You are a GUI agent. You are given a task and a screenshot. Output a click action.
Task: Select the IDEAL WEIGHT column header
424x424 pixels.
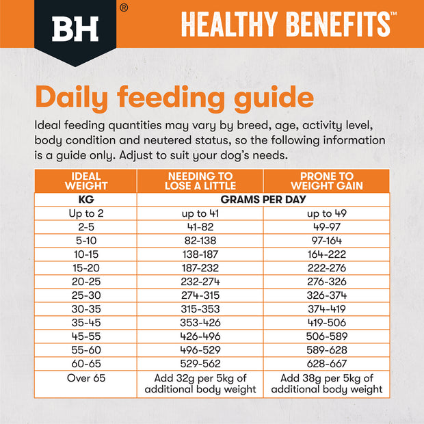[85, 181]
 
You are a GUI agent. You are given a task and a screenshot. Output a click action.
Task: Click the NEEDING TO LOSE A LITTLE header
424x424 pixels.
[200, 181]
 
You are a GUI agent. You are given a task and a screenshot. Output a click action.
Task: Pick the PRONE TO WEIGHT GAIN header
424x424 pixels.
[326, 181]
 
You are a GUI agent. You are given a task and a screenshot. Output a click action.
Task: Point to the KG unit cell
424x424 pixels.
[85, 200]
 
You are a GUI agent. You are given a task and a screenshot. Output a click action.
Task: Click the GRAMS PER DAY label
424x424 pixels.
[263, 200]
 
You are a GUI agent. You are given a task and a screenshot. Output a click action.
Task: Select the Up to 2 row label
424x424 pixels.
[85, 213]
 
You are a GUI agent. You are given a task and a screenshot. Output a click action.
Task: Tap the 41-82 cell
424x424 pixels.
[200, 225]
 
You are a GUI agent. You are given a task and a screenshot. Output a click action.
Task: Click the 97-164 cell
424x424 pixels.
[326, 237]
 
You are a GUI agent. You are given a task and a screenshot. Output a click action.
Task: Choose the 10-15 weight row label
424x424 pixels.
[85, 250]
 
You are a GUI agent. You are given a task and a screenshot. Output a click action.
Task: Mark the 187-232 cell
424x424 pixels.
[200, 262]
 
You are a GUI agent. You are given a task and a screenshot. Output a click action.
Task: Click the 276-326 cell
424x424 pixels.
[326, 274]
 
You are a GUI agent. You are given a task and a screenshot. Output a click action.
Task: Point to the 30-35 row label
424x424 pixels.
[85, 299]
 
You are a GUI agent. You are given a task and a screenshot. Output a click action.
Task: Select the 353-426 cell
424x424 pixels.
[200, 311]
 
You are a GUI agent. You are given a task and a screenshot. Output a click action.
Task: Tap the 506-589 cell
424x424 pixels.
[326, 323]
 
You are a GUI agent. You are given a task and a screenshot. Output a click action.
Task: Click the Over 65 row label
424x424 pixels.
[85, 377]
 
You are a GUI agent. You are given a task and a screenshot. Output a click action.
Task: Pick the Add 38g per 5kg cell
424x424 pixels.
[326, 384]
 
